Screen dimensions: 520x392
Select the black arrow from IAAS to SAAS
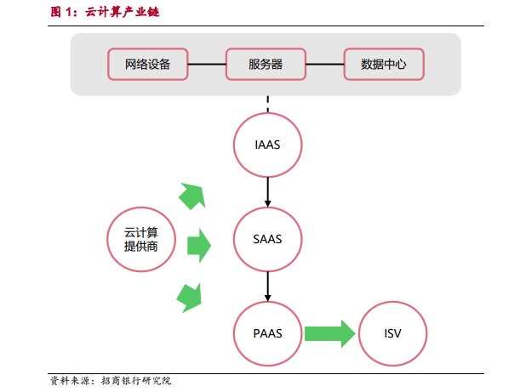point(267,192)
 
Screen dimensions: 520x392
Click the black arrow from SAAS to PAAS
point(267,287)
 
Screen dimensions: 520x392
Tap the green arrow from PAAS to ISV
point(330,333)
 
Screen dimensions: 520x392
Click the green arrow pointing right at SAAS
point(199,246)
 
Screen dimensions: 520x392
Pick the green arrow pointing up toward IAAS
point(193,196)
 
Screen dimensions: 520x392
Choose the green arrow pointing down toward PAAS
point(190,298)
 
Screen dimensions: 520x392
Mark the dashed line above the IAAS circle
point(267,105)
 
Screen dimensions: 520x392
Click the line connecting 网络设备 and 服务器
point(207,65)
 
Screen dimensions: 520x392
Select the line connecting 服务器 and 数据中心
point(325,65)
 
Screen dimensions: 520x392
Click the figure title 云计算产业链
point(122,12)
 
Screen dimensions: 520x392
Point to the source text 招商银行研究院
point(136,380)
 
